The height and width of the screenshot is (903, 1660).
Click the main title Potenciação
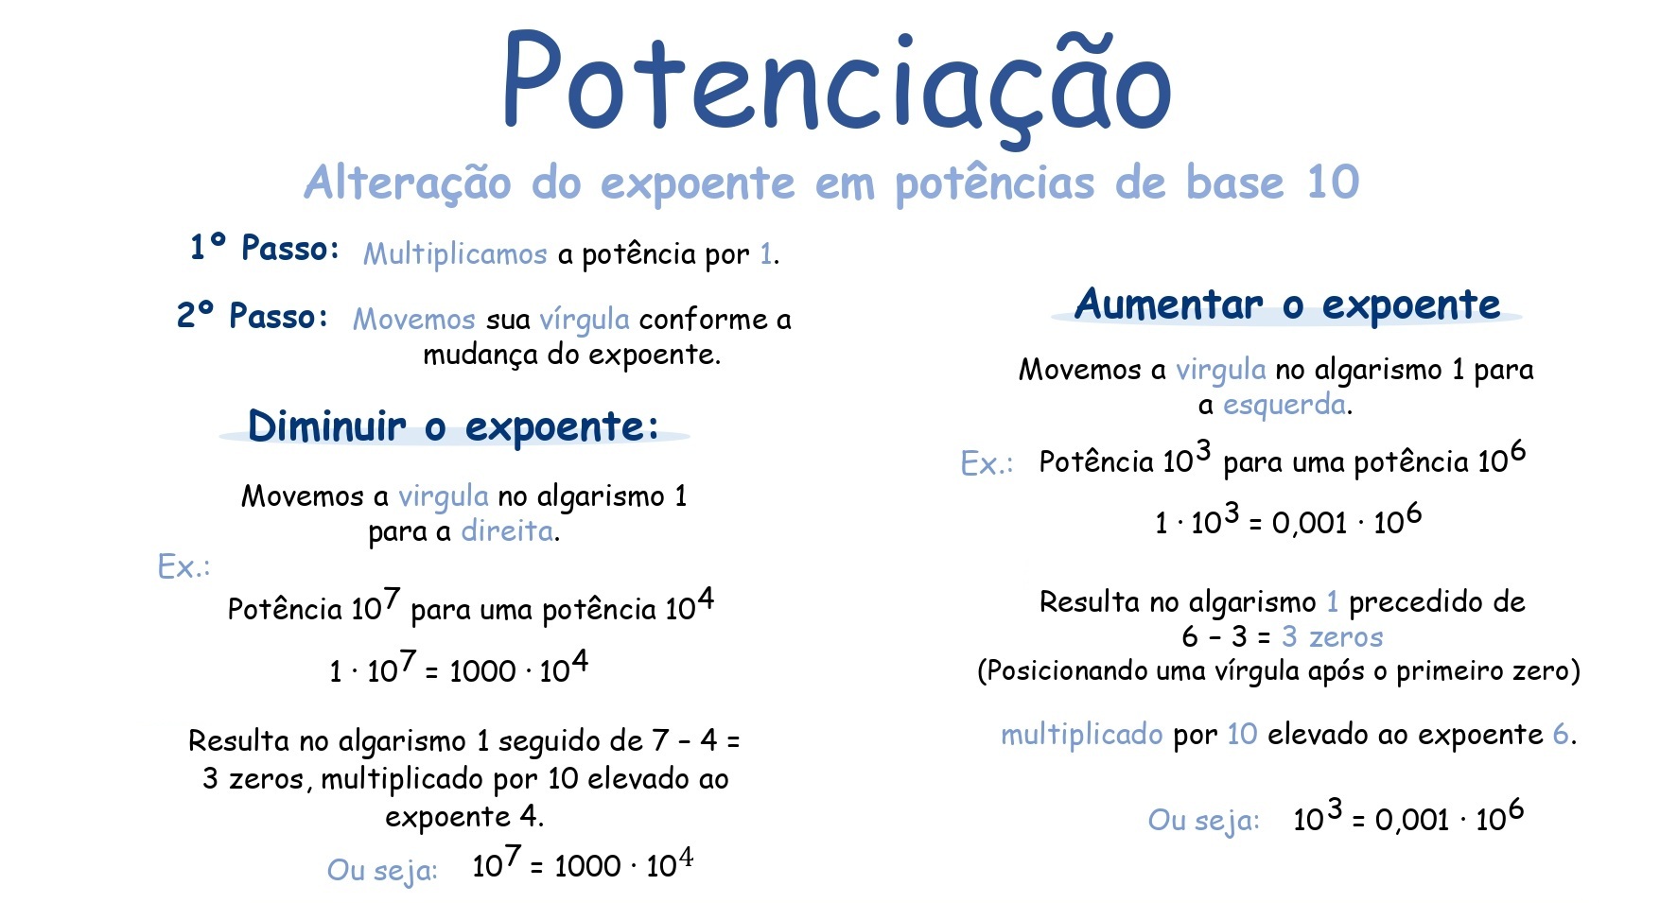[836, 85]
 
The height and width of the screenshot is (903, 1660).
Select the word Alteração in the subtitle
[408, 182]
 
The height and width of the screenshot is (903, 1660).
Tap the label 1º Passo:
[264, 248]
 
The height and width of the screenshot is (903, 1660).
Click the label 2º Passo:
[253, 316]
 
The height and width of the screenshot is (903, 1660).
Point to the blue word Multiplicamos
[455, 254]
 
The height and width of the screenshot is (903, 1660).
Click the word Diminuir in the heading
[326, 426]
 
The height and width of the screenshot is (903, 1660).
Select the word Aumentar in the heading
[1168, 304]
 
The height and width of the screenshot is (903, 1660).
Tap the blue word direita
[508, 531]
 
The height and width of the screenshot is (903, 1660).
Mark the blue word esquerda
[1284, 406]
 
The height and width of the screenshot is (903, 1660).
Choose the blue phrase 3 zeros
[1332, 637]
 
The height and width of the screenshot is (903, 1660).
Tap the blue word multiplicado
[1081, 735]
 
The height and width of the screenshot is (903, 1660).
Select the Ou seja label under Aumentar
[1203, 820]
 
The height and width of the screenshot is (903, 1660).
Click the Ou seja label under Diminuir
[382, 869]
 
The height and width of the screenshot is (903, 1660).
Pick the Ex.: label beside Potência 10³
[986, 463]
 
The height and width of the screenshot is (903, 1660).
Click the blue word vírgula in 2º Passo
[584, 320]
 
